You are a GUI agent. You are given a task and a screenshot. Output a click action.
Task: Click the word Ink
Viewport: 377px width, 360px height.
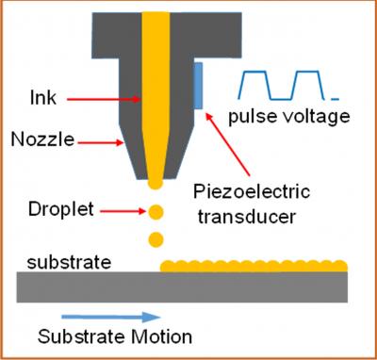(43, 97)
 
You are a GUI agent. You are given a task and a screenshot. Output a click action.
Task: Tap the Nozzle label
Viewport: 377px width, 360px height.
(42, 139)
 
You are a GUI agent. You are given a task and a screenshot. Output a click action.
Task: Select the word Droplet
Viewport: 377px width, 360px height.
(61, 210)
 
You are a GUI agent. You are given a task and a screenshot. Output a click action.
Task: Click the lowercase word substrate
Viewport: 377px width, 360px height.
(69, 262)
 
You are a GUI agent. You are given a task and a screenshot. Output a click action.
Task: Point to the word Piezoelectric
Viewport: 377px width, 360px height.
(252, 192)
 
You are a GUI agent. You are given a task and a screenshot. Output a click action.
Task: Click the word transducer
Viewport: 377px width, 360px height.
(247, 216)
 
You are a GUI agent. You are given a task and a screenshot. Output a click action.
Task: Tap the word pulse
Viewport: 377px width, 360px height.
(254, 117)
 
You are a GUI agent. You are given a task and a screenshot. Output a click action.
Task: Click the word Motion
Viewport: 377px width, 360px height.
(162, 336)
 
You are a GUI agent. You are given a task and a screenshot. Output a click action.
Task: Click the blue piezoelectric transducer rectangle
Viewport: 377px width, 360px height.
(198, 86)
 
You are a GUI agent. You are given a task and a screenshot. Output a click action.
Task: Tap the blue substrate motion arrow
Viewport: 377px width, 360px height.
(111, 317)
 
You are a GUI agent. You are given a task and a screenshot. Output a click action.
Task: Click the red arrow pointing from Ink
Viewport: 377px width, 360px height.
(104, 99)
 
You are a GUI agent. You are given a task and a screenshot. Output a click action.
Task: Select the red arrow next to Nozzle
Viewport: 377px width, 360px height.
(101, 143)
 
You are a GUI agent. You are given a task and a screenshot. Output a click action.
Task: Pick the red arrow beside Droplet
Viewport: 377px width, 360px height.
(123, 211)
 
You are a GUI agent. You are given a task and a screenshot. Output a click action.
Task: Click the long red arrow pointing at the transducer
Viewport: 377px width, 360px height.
(227, 144)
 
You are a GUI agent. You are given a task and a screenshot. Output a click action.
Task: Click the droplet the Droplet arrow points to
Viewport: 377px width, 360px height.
(156, 212)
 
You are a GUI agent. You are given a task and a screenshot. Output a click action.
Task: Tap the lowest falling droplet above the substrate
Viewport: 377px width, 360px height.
(156, 239)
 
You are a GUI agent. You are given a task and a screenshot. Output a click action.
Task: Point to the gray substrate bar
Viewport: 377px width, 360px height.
(182, 287)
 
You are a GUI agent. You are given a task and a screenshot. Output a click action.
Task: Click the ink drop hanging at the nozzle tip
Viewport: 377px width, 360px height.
(156, 184)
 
